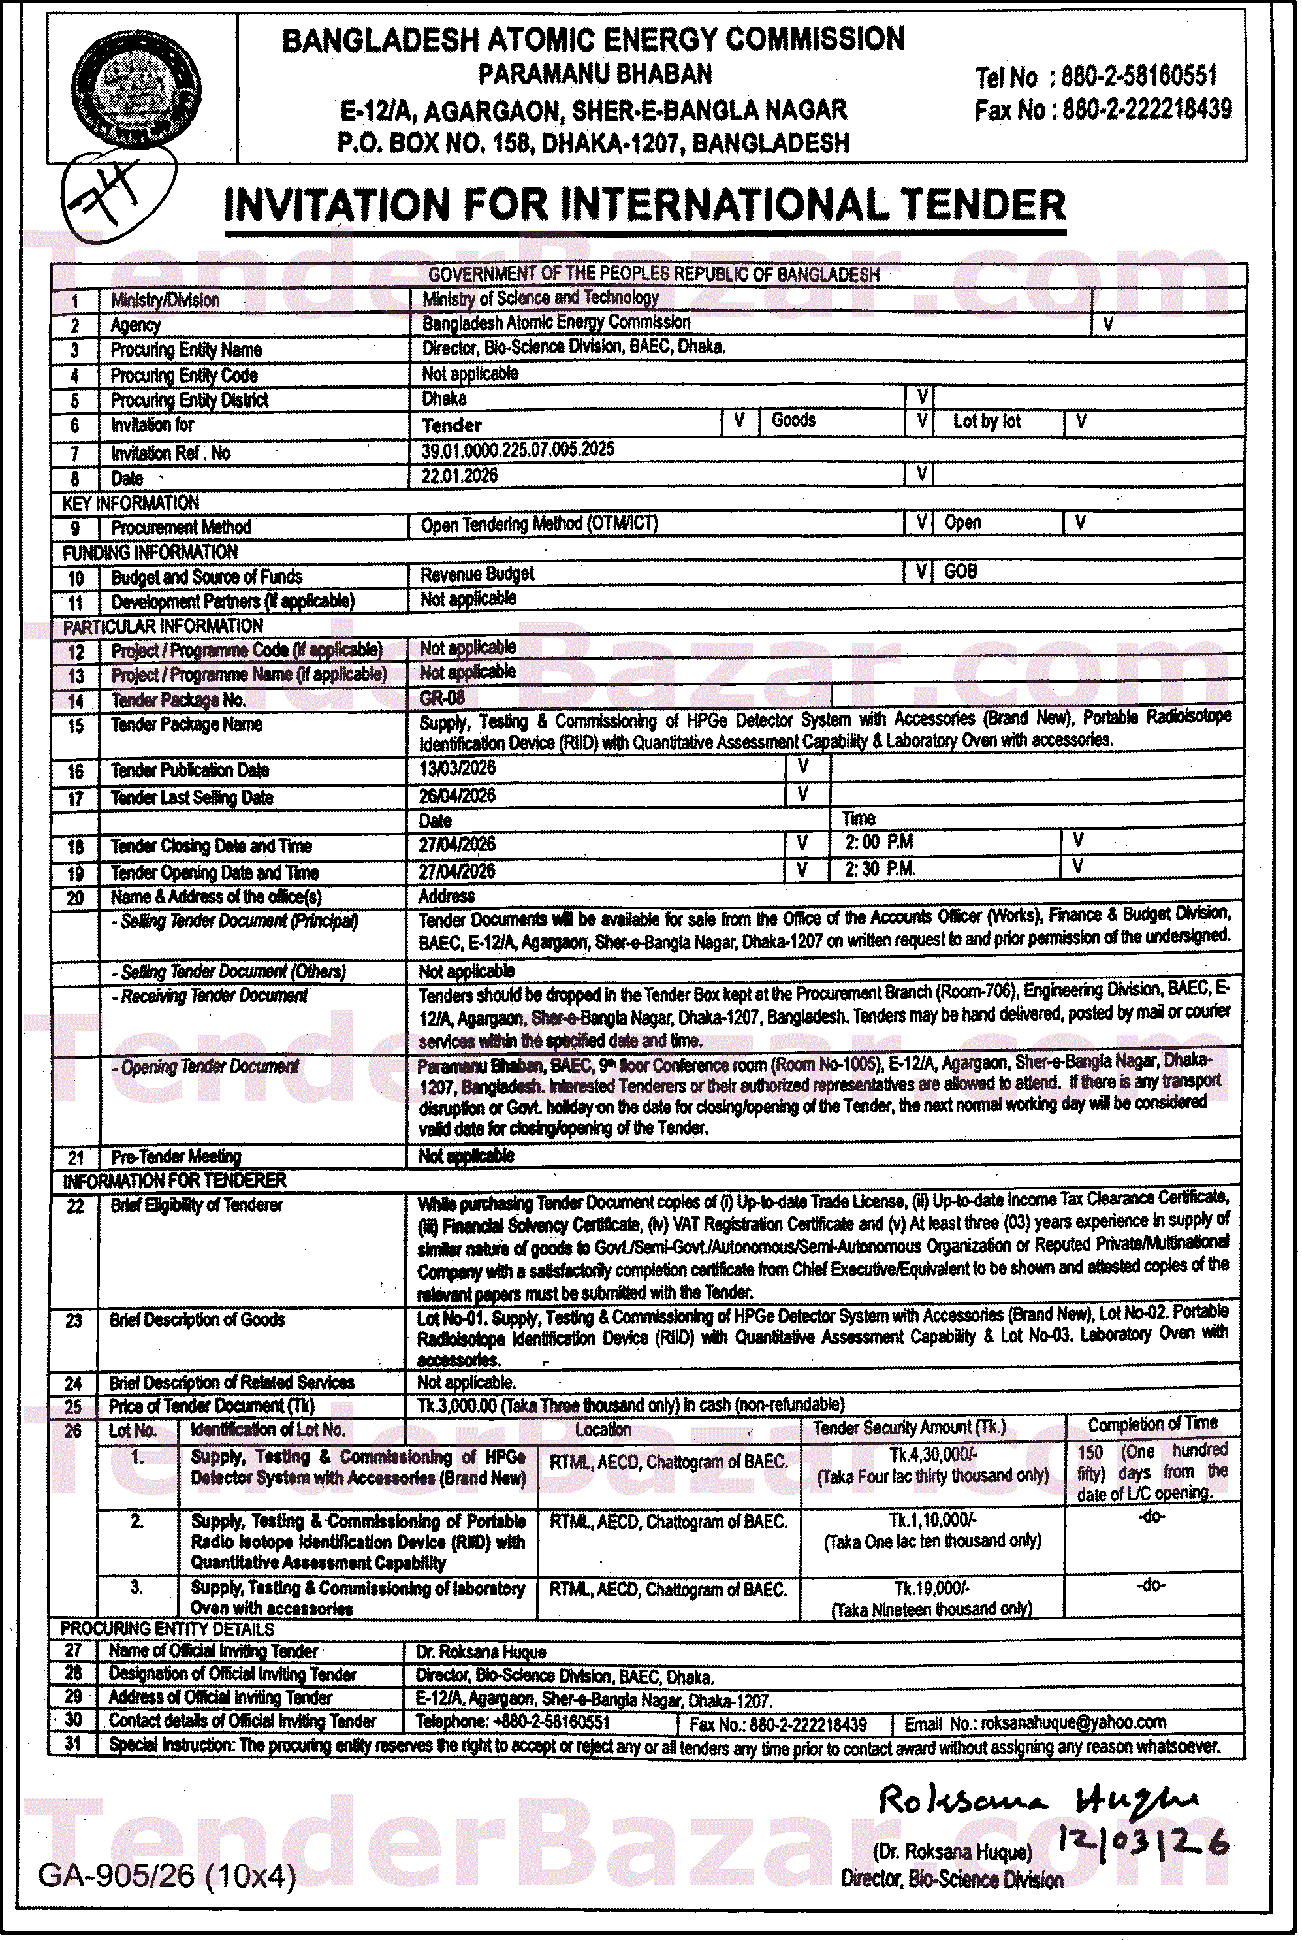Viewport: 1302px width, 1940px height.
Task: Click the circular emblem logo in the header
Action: (135, 89)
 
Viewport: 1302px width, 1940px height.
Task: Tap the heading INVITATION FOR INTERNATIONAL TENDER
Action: (644, 205)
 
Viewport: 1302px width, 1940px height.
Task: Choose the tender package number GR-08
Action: (443, 698)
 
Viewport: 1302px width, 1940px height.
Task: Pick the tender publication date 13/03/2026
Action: (458, 769)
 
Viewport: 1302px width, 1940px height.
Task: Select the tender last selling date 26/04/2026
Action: (458, 796)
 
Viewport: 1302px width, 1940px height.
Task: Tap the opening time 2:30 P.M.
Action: (880, 869)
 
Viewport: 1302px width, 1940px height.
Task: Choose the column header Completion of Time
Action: (1152, 1424)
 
